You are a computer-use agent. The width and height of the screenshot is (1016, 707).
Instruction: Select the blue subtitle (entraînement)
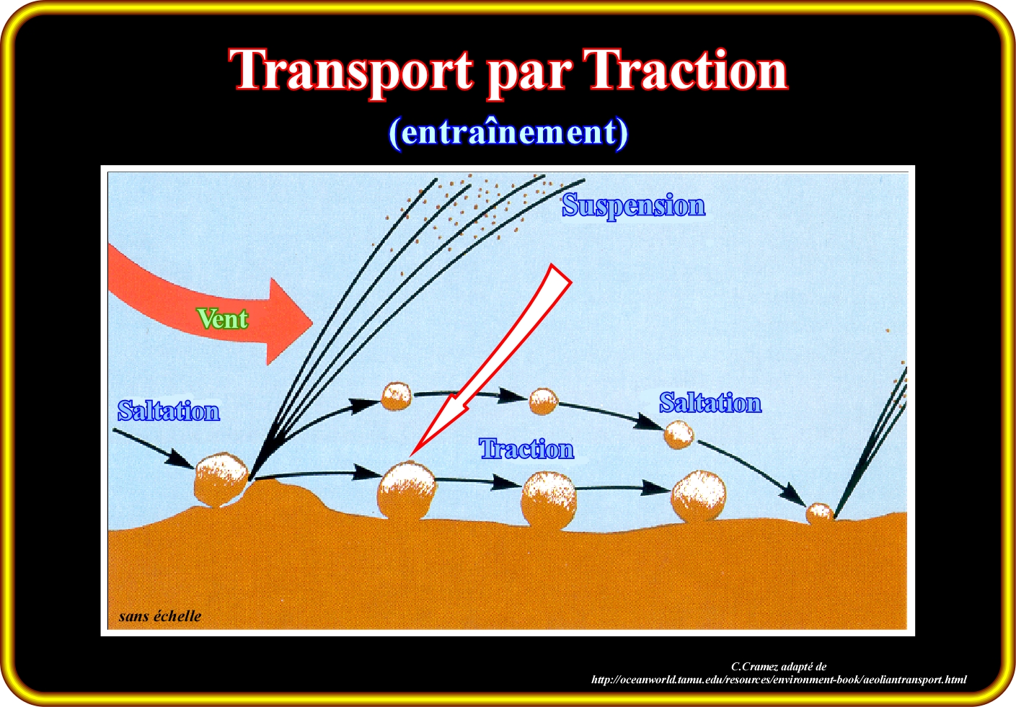(x=508, y=133)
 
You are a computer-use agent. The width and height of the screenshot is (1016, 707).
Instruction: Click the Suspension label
(x=634, y=206)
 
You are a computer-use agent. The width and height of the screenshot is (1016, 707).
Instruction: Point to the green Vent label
(x=223, y=319)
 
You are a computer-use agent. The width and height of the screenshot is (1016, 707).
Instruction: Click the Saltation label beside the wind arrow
(x=169, y=411)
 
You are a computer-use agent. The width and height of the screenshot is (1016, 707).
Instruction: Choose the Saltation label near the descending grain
(x=710, y=402)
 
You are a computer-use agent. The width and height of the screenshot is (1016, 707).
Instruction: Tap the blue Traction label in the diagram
(x=526, y=449)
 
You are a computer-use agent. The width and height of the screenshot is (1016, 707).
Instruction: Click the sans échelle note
(x=160, y=616)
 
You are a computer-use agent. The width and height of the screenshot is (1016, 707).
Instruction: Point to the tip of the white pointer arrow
(x=410, y=455)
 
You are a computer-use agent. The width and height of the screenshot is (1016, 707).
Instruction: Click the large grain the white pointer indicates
(x=407, y=490)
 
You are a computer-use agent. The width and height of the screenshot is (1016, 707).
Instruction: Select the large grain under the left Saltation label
(x=221, y=479)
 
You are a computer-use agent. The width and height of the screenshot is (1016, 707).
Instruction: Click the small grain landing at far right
(x=819, y=513)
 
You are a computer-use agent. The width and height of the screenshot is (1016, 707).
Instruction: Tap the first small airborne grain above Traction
(x=396, y=396)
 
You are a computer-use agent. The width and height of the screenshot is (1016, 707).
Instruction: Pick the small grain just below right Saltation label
(x=679, y=435)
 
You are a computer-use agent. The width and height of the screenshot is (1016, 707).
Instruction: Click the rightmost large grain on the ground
(x=699, y=495)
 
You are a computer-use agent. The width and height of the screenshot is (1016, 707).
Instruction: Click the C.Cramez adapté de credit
(x=778, y=667)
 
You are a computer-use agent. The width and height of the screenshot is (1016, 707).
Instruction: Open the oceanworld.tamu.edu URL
(x=779, y=680)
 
